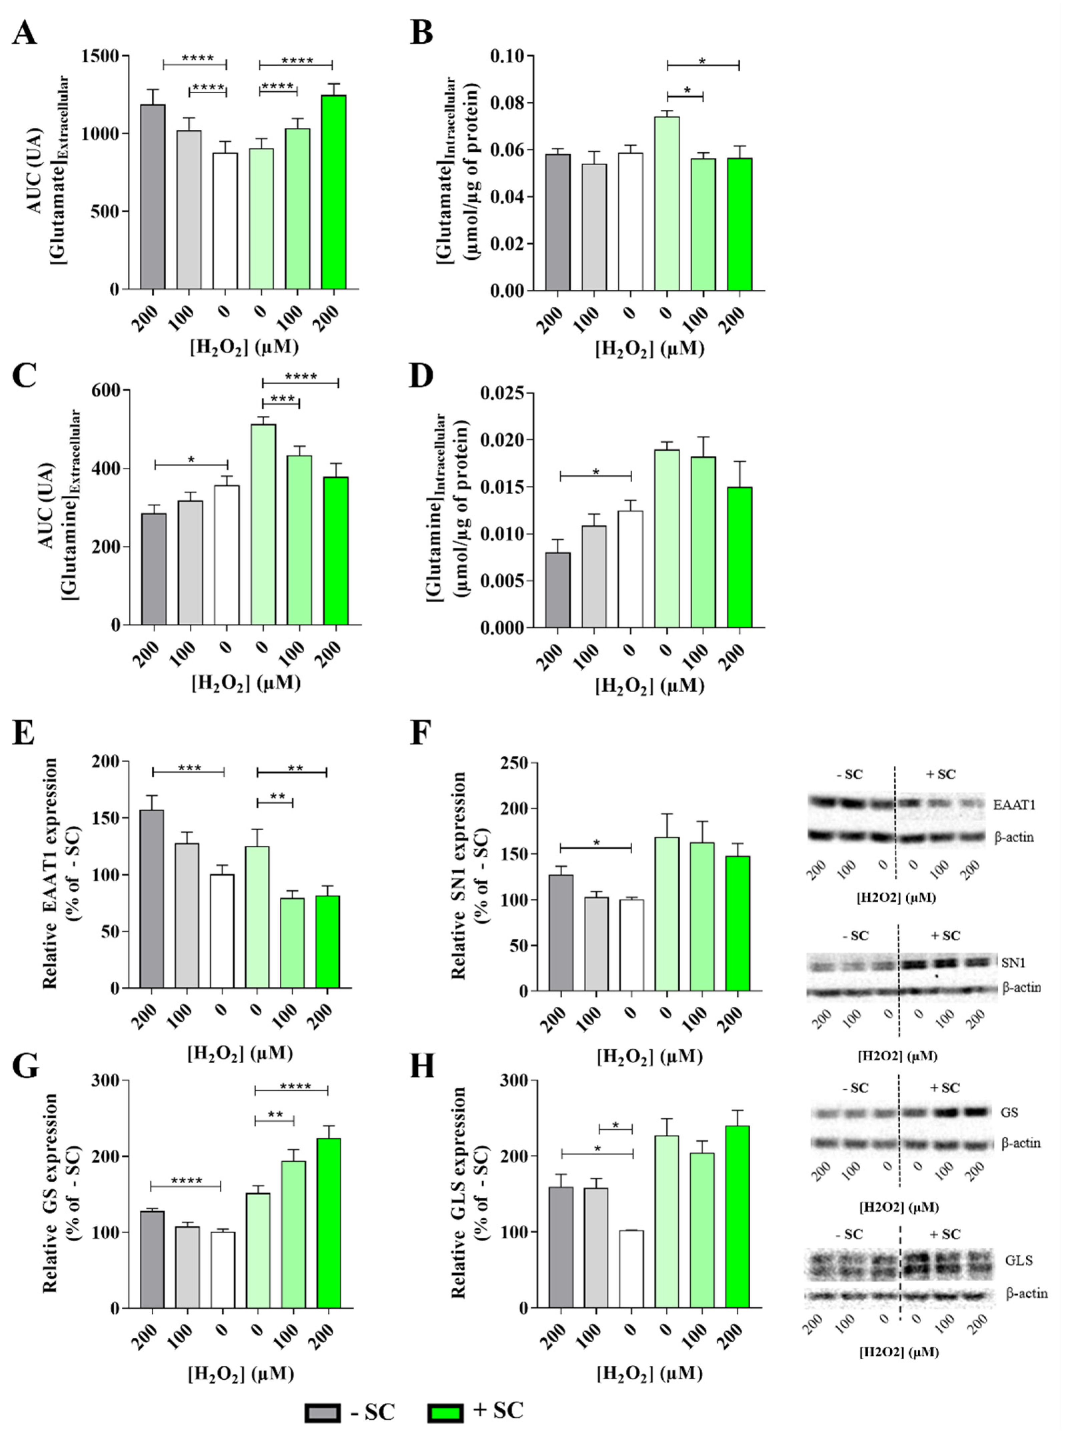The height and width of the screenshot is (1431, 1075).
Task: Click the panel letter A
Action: [25, 32]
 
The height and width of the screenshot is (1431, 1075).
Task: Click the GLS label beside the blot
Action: [1019, 1260]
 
